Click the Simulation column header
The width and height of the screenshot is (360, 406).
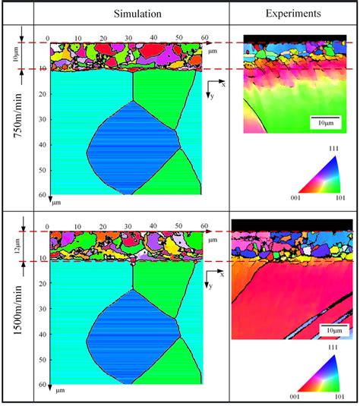pyautogui.click(x=131, y=14)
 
